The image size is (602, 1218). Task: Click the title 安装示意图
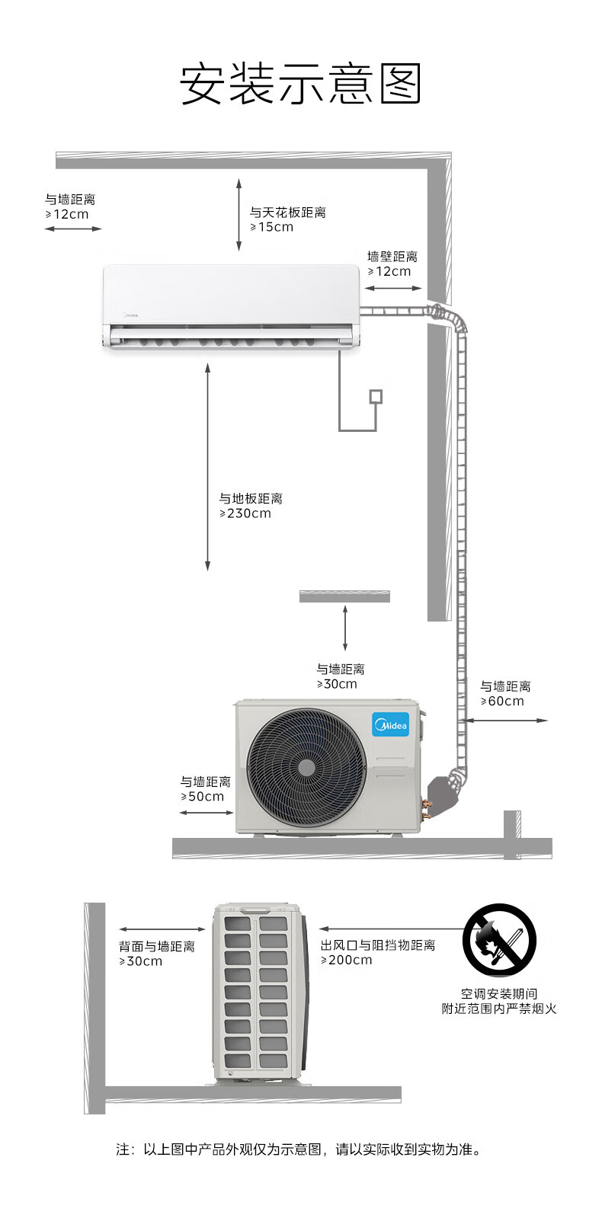(x=300, y=84)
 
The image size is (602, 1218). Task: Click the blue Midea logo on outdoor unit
(x=390, y=724)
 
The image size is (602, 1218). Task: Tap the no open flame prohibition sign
(x=499, y=940)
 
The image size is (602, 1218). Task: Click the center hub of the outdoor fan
(x=306, y=767)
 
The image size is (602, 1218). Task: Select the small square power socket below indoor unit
(x=375, y=396)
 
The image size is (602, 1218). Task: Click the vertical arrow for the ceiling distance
(x=239, y=215)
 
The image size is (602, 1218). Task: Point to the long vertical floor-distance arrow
(x=207, y=466)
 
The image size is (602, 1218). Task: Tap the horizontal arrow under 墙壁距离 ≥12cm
(x=392, y=289)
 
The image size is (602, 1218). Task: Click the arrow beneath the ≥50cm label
(x=207, y=813)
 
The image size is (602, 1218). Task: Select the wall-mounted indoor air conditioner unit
(x=230, y=307)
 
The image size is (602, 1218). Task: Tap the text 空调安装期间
(x=499, y=993)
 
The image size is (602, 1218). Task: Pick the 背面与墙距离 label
(x=157, y=946)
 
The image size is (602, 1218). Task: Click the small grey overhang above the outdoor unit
(x=344, y=596)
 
